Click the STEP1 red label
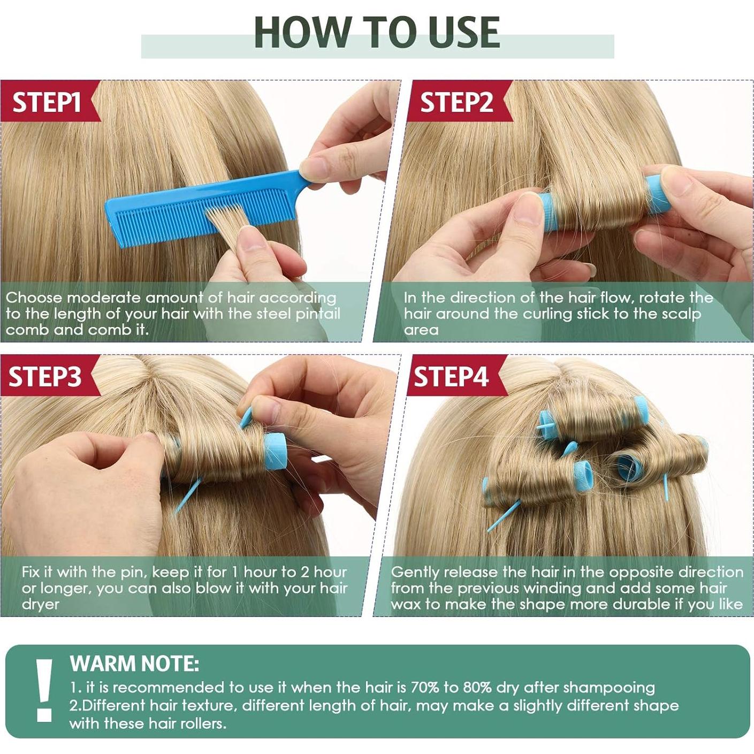(47, 102)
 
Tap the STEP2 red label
(456, 102)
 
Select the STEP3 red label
(45, 376)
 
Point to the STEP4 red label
(451, 376)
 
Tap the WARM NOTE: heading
(134, 664)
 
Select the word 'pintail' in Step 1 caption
(318, 314)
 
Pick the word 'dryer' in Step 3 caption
(41, 605)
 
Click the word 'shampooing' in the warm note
(609, 688)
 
